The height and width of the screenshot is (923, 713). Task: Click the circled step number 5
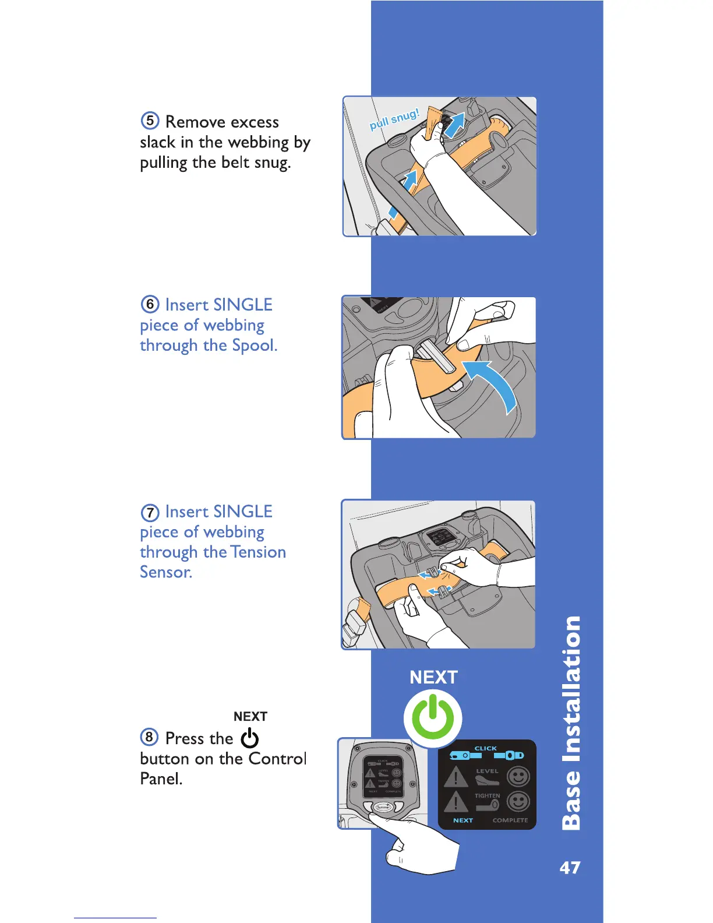pos(150,121)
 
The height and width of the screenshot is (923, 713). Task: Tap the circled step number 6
pos(150,304)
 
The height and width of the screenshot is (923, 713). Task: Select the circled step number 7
pos(150,512)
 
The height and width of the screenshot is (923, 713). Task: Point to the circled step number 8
pos(149,737)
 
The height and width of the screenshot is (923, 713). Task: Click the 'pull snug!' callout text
pos(394,119)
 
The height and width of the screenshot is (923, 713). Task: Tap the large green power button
pos(433,718)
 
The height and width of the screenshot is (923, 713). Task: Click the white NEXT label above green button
pos(433,677)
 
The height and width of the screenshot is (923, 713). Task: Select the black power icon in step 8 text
pos(250,738)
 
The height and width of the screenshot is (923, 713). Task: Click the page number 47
pos(570,868)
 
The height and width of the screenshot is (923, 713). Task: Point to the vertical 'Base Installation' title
pos(571,723)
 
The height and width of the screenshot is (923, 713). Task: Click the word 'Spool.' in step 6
pos(255,346)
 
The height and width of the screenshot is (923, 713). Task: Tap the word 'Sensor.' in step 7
pos(166,572)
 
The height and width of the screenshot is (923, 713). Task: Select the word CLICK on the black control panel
pos(485,748)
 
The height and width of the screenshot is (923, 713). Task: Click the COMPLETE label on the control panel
pos(510,820)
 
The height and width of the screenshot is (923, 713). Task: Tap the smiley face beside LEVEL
pos(518,776)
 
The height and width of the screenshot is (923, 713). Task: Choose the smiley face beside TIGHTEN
pos(518,801)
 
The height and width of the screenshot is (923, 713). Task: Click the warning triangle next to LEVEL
pos(456,777)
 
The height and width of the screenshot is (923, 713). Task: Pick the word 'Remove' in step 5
pos(192,122)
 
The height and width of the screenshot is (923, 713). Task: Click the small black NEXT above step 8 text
pos(250,717)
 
